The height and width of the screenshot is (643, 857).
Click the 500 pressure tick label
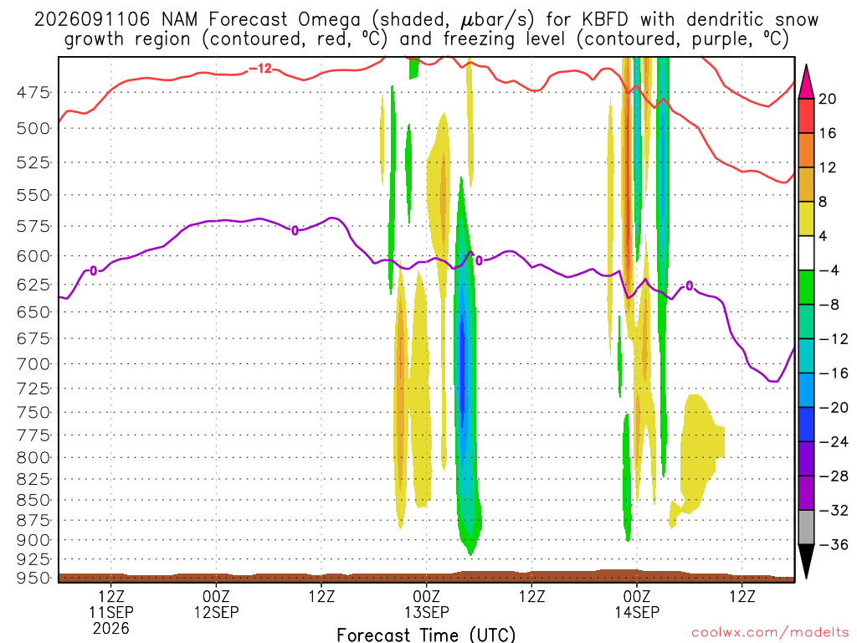(33, 128)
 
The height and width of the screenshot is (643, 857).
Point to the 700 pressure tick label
(33, 363)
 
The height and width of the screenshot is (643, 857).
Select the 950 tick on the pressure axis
(33, 578)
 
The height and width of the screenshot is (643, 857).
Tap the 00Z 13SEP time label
(426, 604)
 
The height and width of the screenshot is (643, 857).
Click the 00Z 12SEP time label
(217, 604)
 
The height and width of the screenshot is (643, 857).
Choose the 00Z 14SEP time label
(637, 604)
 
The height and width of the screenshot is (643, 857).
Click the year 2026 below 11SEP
(111, 628)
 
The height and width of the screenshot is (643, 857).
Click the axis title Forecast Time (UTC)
(426, 635)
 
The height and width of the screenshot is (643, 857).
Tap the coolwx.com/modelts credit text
(770, 633)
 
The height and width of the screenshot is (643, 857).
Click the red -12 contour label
(260, 69)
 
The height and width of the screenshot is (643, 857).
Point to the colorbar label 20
(828, 99)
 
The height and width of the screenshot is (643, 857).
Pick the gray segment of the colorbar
(806, 527)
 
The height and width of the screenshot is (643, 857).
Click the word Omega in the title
(329, 20)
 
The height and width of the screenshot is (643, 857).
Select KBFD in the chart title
(605, 20)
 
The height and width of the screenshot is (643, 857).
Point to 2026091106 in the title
(92, 20)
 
